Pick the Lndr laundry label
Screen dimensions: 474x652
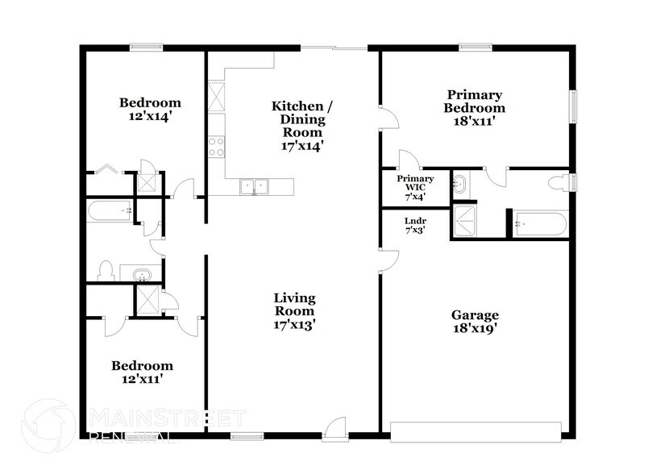click(x=415, y=223)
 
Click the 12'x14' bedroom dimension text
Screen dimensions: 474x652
click(x=150, y=115)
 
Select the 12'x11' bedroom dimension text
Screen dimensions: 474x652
click(x=141, y=378)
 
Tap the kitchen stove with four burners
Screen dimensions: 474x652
click(x=216, y=146)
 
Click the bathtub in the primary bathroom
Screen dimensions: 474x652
click(x=541, y=223)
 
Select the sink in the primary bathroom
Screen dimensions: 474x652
click(x=459, y=185)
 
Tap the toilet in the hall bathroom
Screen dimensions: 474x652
click(x=105, y=270)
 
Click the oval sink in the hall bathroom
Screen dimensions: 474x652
click(x=142, y=274)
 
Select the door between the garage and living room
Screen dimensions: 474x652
click(x=388, y=260)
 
